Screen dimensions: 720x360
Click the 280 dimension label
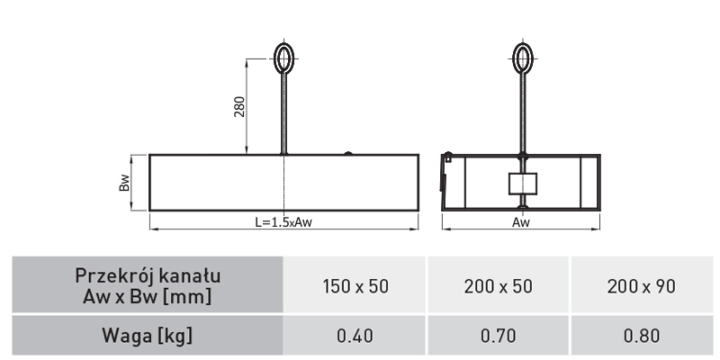pos(239,106)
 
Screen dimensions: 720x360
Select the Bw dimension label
pos(124,183)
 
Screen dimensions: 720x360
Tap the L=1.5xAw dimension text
pos(283,222)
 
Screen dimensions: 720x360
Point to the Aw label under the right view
pos(521,222)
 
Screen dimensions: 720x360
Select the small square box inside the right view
pos(523,184)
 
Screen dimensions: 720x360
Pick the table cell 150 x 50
pos(355,286)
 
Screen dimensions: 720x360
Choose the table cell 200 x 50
pos(499,286)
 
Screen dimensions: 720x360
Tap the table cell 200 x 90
pos(642,286)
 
